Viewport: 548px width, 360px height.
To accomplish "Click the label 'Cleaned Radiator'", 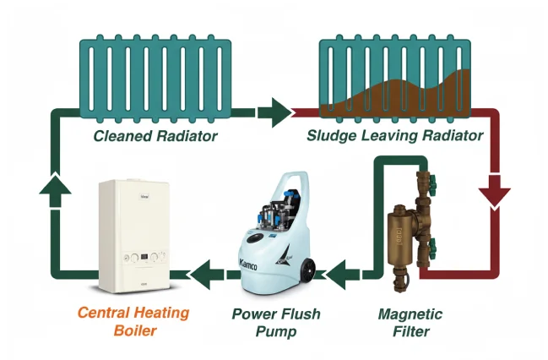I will click(155, 136).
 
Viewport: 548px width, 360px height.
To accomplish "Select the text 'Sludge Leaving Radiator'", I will click(394, 136).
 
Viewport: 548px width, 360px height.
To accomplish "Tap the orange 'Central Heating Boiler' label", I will click(133, 321).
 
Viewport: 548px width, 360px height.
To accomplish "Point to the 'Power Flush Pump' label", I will click(276, 322).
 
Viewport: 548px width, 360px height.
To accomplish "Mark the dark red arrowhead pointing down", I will click(494, 195).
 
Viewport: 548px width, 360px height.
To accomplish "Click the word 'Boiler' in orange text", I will click(133, 330).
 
